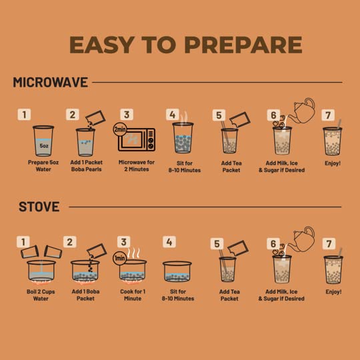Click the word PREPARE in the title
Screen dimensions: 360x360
[x=243, y=45]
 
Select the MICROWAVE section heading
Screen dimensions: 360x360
[x=51, y=82]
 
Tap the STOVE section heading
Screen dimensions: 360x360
[x=39, y=207]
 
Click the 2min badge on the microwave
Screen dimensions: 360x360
[x=120, y=129]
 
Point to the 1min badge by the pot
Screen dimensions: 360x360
[x=119, y=258]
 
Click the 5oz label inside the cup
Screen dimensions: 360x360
[x=43, y=146]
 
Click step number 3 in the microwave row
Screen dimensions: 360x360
[x=127, y=115]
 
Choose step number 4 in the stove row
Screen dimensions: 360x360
[x=169, y=242]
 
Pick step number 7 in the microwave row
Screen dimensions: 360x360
[x=328, y=115]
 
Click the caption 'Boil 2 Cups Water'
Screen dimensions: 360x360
[x=41, y=295]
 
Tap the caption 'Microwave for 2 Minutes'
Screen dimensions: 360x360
[x=137, y=165]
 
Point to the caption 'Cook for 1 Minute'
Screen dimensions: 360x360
[x=133, y=295]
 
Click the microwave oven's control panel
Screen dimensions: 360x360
[x=151, y=139]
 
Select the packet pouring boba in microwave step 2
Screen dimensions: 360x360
[x=95, y=118]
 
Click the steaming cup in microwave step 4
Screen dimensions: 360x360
[x=183, y=138]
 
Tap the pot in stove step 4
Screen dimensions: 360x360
[x=177, y=271]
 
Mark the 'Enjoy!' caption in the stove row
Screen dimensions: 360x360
[x=333, y=292]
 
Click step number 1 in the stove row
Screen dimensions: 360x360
[x=23, y=242]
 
